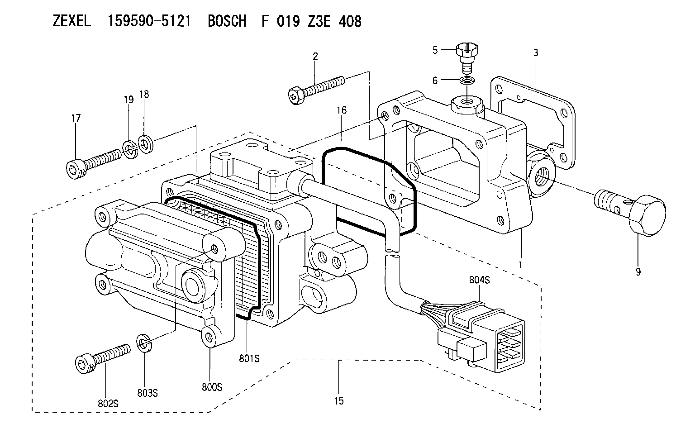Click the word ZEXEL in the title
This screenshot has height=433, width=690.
[72, 22]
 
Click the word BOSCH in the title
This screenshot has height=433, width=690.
[227, 22]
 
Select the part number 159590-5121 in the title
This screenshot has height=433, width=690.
[149, 22]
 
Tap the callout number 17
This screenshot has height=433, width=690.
[76, 118]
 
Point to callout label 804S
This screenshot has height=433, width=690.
[479, 280]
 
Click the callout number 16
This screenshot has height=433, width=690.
[342, 110]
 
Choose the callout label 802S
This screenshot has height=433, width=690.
[108, 404]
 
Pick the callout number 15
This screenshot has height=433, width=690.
[339, 401]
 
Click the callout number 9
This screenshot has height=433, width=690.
[638, 271]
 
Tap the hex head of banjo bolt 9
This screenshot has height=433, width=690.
[647, 215]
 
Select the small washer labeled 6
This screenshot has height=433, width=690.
[467, 81]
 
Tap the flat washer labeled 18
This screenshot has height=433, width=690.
[145, 143]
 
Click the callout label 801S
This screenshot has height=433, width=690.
[249, 358]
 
